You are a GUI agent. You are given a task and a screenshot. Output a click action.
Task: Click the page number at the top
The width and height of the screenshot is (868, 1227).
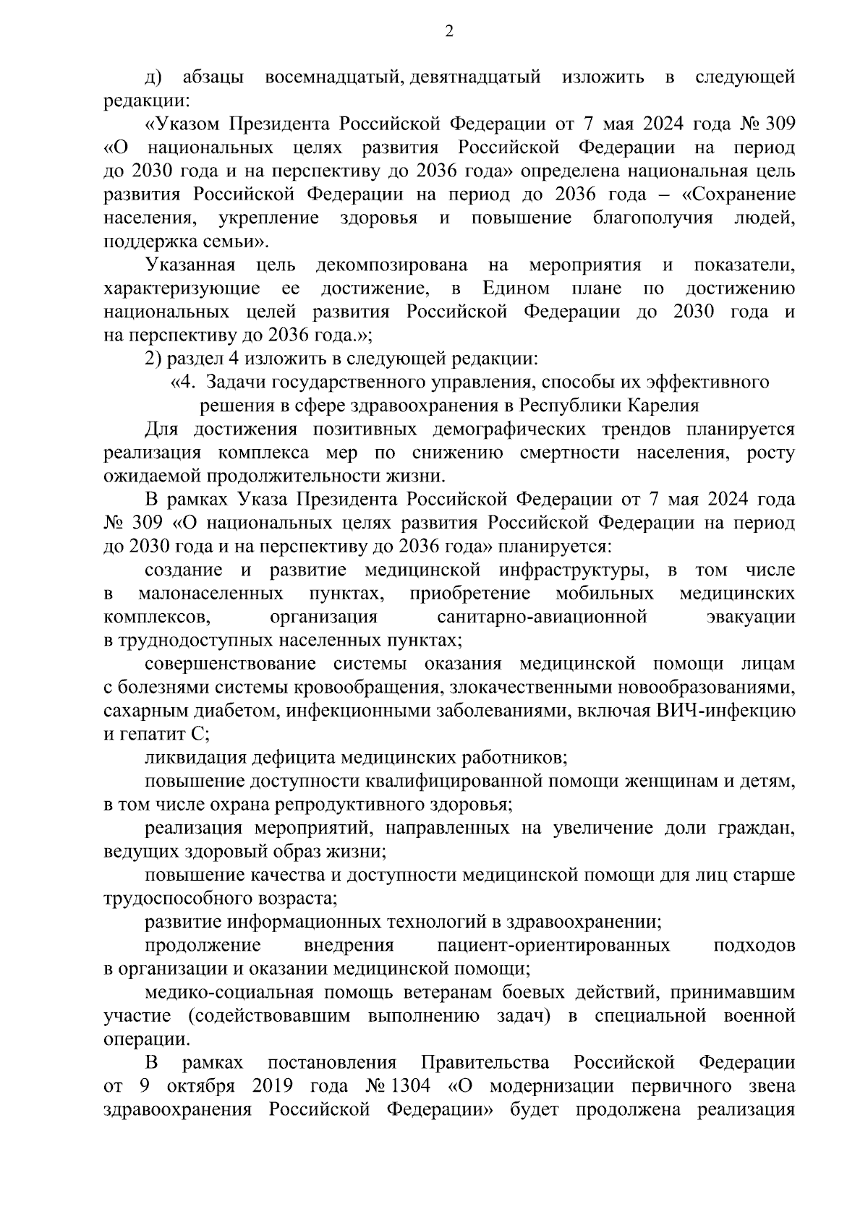(x=448, y=31)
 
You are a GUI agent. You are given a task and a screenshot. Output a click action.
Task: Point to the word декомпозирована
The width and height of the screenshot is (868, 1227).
(x=391, y=265)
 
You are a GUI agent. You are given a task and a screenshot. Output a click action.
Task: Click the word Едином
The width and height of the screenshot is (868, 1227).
(x=516, y=288)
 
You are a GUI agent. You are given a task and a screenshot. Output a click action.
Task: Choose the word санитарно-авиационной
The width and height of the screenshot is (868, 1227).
(x=541, y=617)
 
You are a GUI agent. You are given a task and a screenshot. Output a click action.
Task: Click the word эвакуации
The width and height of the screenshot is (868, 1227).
(x=750, y=617)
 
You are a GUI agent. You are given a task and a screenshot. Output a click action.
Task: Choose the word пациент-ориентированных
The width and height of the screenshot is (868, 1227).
(x=553, y=946)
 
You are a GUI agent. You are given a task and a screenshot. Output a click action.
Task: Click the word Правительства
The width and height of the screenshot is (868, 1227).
(x=485, y=1063)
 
